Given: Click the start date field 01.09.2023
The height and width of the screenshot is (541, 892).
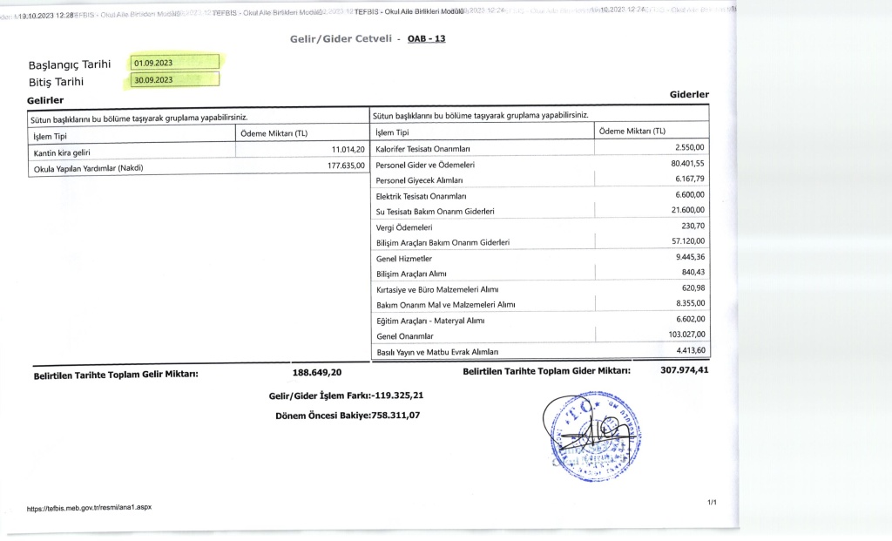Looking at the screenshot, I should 174,63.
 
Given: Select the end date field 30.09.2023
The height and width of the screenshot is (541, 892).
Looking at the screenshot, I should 174,80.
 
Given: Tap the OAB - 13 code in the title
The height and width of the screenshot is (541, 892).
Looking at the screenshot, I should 427,39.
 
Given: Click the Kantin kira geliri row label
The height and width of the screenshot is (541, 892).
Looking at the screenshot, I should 61,152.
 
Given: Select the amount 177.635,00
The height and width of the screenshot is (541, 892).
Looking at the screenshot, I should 340,166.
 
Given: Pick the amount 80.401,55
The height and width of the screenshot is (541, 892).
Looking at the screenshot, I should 686,164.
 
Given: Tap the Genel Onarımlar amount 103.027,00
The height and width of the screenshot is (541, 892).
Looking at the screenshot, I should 686,335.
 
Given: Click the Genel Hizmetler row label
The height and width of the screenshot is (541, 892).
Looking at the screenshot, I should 403,259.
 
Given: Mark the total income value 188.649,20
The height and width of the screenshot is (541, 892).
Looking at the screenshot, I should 316,373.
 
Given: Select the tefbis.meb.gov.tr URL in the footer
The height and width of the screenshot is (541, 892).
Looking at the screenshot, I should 90,507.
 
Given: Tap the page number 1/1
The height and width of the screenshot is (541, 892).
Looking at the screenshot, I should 711,503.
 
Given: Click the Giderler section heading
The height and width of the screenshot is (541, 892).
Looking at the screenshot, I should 689,94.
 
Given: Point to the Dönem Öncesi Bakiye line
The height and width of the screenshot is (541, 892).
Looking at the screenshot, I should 348,415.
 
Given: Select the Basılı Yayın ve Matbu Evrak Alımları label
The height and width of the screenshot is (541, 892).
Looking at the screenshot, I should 436,352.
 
